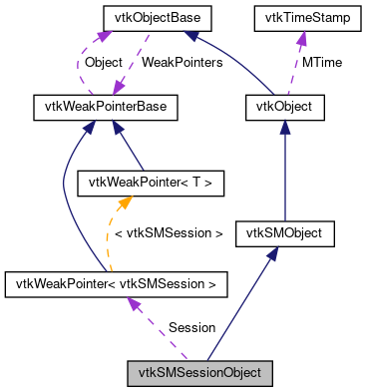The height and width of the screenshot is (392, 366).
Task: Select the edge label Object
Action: click(103, 63)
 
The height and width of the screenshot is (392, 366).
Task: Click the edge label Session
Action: click(190, 327)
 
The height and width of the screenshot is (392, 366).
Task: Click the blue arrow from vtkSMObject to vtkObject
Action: click(285, 170)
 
